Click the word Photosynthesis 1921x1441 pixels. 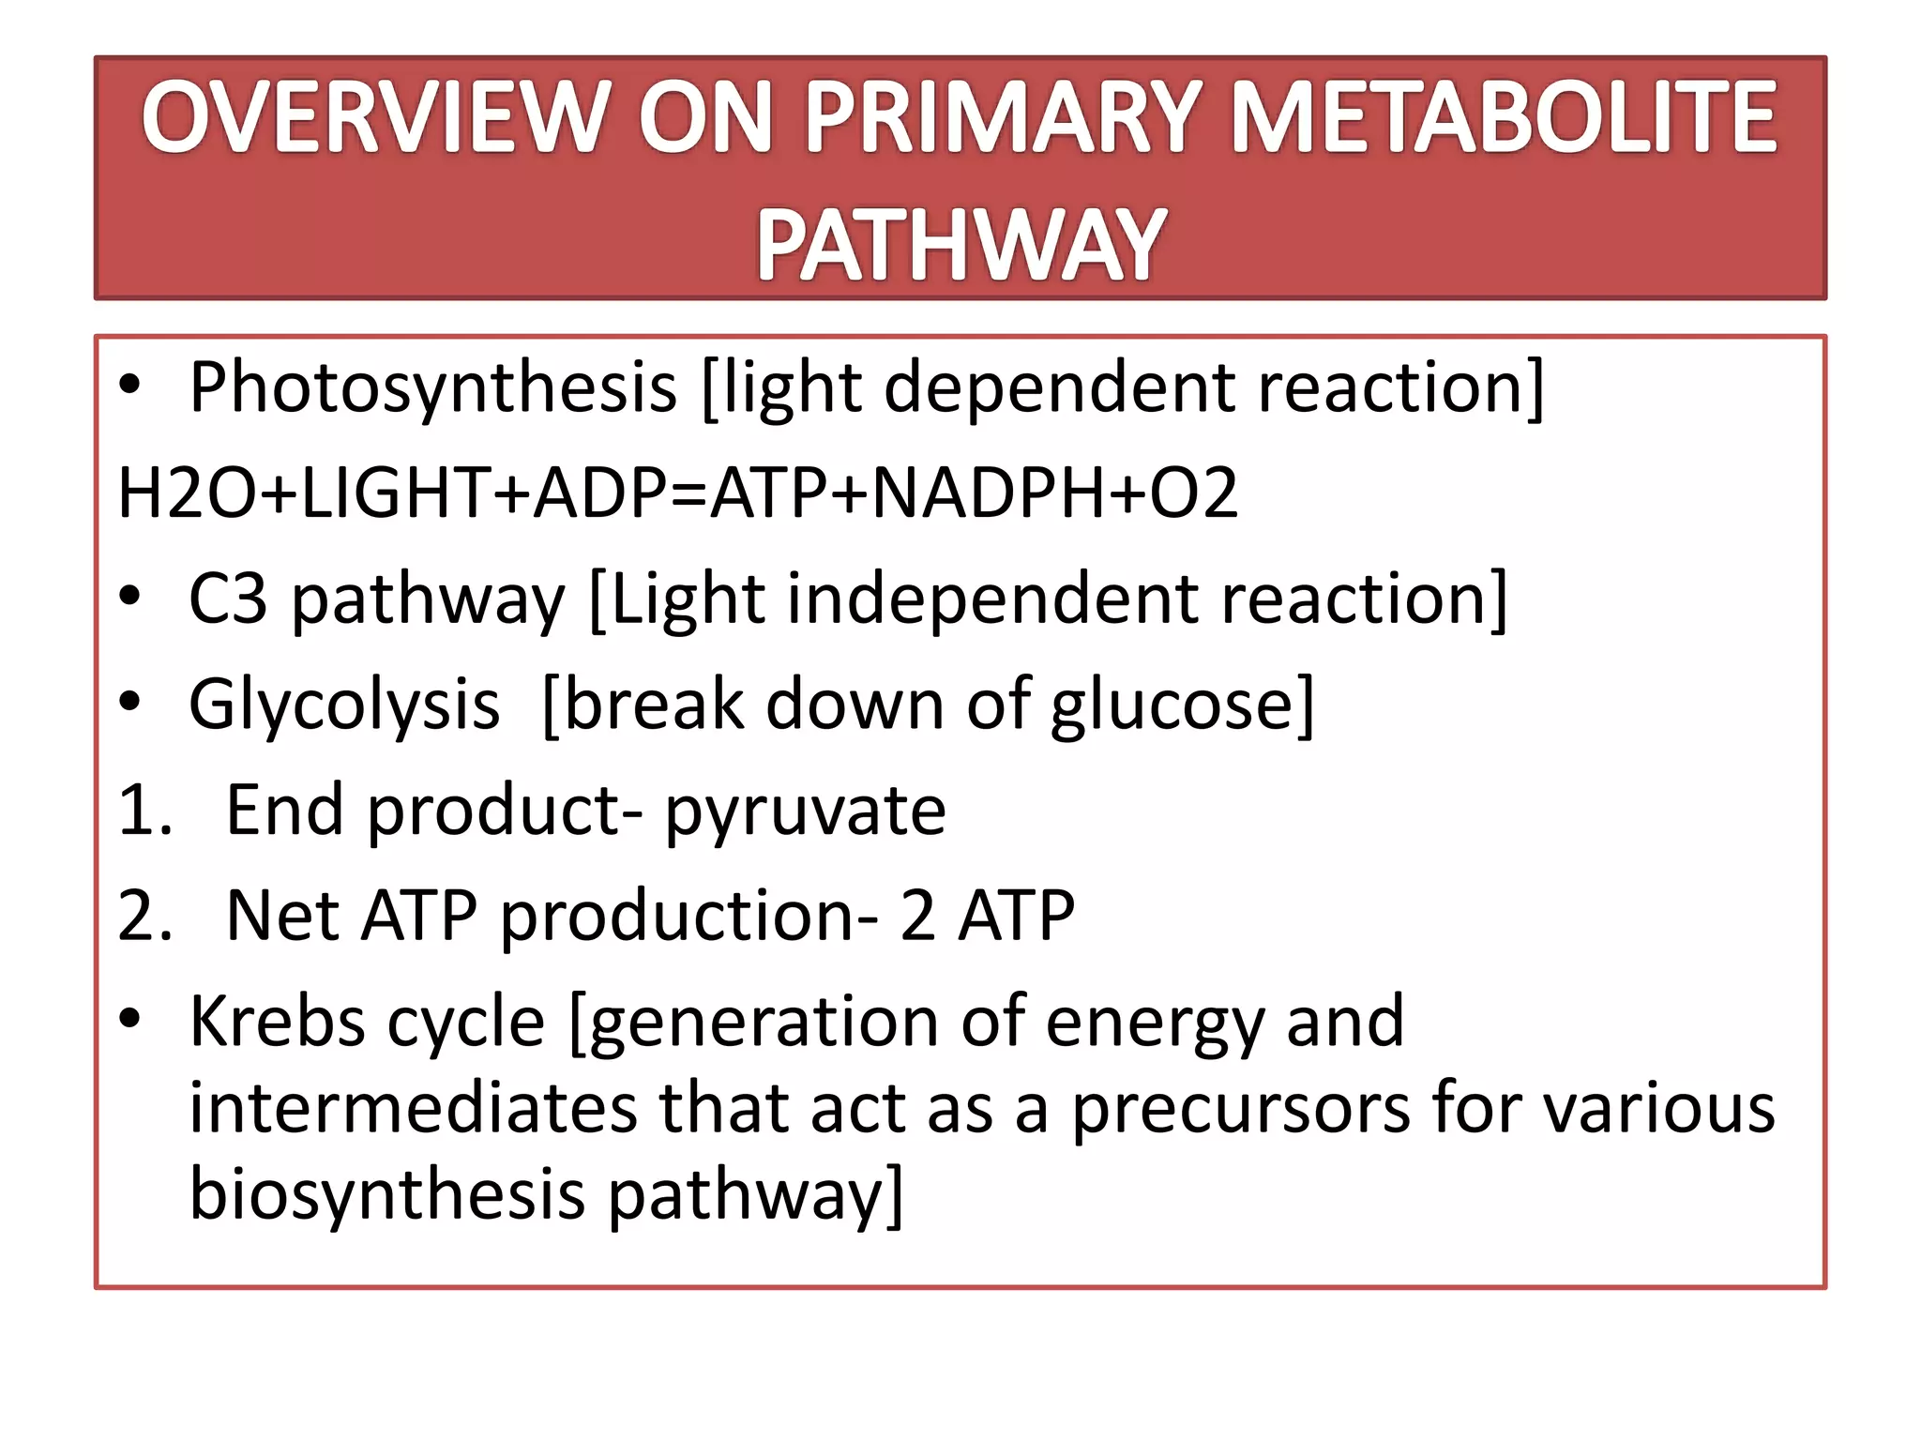(432, 387)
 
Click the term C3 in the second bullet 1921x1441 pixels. (227, 599)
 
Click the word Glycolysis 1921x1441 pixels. (344, 705)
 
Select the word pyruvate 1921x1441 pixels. (805, 811)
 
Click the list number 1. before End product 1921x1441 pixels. (145, 811)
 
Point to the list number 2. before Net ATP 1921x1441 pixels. (145, 916)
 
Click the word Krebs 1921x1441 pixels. (277, 1022)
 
